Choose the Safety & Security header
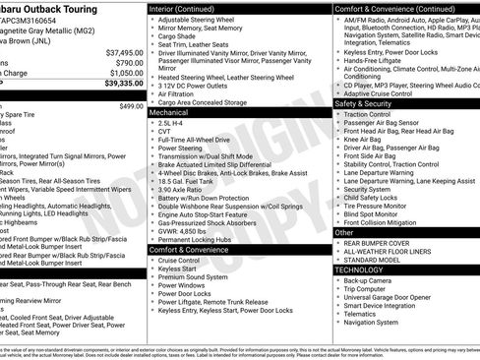(363, 103)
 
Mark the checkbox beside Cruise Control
(152, 260)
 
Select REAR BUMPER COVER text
(380, 241)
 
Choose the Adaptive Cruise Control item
(384, 93)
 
